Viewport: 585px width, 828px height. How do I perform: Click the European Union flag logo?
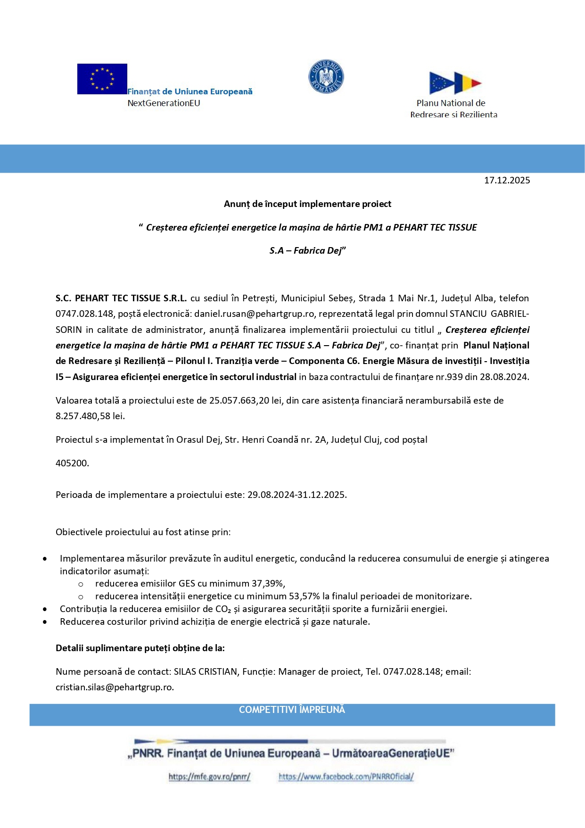point(102,79)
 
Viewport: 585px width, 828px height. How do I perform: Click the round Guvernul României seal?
point(326,76)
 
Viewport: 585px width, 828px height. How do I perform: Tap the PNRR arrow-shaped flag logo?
point(455,83)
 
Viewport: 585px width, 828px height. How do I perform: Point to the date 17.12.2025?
point(507,181)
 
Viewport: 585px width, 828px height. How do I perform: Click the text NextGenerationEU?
point(164,103)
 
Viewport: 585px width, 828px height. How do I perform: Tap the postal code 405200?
point(72,464)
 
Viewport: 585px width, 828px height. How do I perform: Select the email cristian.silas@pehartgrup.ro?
point(115,687)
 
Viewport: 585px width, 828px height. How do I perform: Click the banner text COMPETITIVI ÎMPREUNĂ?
point(292,710)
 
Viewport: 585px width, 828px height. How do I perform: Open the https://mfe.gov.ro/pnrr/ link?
point(209,777)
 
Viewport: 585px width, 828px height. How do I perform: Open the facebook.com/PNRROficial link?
point(346,777)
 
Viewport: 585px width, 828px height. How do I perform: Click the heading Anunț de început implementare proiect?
point(307,204)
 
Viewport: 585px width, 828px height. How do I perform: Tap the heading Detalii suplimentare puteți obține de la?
point(140,648)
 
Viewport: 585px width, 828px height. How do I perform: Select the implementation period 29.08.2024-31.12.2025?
point(297,495)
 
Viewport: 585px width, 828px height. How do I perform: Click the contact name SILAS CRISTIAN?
point(206,672)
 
